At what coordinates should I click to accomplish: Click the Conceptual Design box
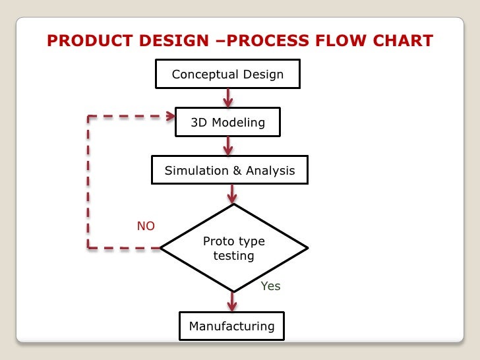[x=227, y=74]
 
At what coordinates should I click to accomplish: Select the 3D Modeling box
[x=227, y=122]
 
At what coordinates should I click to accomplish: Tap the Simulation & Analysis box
[x=229, y=171]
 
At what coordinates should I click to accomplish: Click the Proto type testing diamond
[x=233, y=248]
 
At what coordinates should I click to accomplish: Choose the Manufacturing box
[x=231, y=326]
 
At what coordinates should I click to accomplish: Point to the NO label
[x=146, y=226]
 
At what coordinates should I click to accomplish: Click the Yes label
[x=270, y=286]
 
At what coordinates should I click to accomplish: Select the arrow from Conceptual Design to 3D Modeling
[x=228, y=97]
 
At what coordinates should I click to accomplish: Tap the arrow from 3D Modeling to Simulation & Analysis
[x=228, y=146]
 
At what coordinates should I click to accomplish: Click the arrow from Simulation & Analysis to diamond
[x=232, y=194]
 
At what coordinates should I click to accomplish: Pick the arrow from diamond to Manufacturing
[x=232, y=301]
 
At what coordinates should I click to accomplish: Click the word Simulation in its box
[x=196, y=171]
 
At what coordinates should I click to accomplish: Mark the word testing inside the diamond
[x=233, y=256]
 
